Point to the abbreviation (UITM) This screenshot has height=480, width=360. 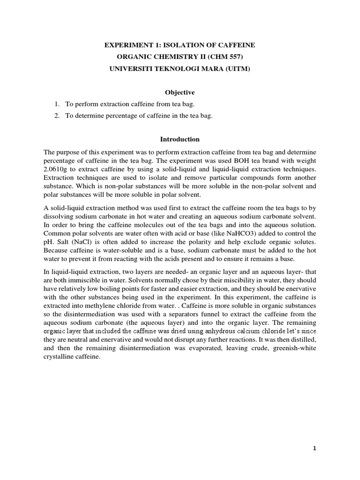pyautogui.click(x=238, y=69)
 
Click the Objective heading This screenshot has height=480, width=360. pyautogui.click(x=180, y=93)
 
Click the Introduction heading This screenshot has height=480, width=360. pyautogui.click(x=180, y=139)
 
